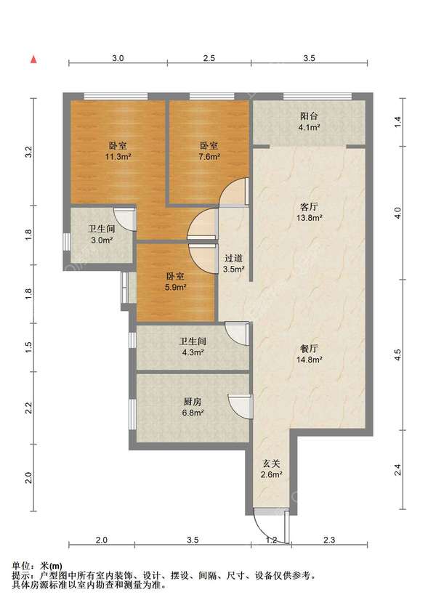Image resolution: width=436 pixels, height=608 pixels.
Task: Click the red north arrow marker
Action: pyautogui.click(x=34, y=60)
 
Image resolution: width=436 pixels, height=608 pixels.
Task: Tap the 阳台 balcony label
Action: pyautogui.click(x=309, y=115)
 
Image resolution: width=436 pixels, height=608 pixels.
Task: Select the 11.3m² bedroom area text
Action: pyautogui.click(x=118, y=157)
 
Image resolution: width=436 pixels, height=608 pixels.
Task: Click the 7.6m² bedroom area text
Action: pyautogui.click(x=209, y=157)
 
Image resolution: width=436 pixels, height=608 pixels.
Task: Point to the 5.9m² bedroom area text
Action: pyautogui.click(x=175, y=288)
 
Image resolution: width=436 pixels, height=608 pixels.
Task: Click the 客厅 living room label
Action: pyautogui.click(x=309, y=206)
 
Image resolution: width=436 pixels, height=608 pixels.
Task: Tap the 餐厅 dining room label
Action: pyautogui.click(x=309, y=348)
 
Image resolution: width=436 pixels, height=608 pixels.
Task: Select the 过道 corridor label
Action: pyautogui.click(x=233, y=258)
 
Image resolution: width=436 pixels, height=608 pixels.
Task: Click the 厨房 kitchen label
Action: pyautogui.click(x=193, y=402)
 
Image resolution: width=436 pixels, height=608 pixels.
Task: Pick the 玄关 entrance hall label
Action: pyautogui.click(x=271, y=463)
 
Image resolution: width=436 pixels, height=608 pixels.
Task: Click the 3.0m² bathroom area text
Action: pyautogui.click(x=102, y=240)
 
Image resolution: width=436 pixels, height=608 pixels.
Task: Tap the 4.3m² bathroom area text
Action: pyautogui.click(x=193, y=352)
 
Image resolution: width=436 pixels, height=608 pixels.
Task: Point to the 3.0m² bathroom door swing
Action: pyautogui.click(x=125, y=220)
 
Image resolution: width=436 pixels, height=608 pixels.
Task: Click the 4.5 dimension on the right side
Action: pyautogui.click(x=397, y=354)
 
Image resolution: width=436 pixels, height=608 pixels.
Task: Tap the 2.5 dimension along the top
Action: pyautogui.click(x=209, y=58)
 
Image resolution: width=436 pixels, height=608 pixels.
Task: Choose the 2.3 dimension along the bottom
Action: pyautogui.click(x=329, y=540)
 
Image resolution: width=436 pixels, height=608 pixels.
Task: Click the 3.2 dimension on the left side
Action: pyautogui.click(x=28, y=152)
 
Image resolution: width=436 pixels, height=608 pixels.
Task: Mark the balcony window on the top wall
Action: pyautogui.click(x=318, y=96)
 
